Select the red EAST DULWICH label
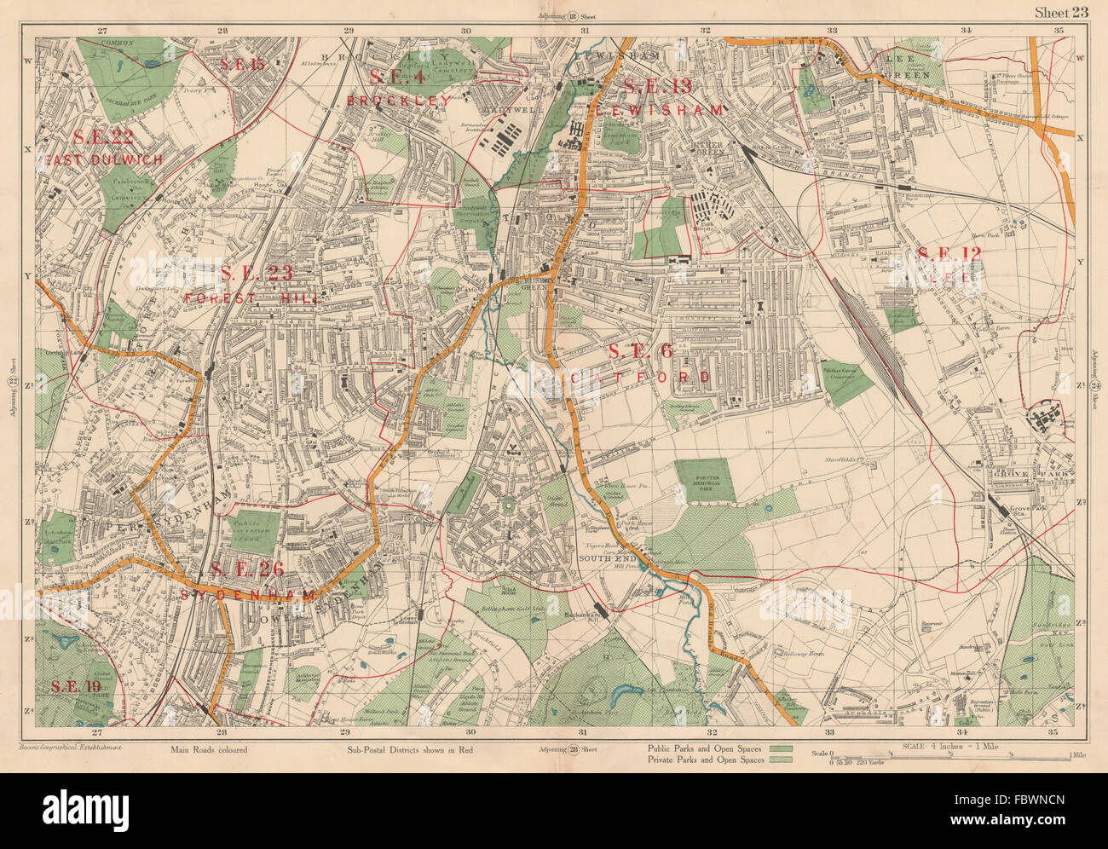click(x=105, y=159)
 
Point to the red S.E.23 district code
click(x=257, y=274)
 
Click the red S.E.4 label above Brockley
click(x=397, y=78)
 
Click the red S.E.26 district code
click(x=247, y=569)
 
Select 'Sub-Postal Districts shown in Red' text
click(x=411, y=750)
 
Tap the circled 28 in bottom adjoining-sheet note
click(x=573, y=750)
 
